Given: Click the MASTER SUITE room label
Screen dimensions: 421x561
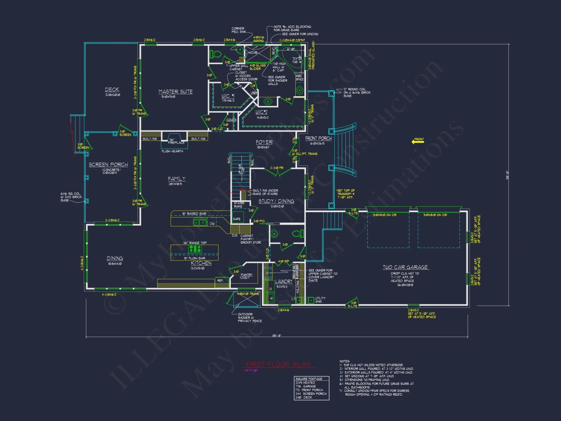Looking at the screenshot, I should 176,92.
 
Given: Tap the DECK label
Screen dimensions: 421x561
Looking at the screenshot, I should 112,90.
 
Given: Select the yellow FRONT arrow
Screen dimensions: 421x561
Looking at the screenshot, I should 418,141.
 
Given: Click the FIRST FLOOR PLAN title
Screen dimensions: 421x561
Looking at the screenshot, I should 278,365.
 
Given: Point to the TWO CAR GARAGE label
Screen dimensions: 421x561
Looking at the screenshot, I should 405,267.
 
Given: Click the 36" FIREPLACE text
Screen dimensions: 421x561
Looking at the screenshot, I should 176,141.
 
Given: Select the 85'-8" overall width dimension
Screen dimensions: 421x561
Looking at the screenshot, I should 277,336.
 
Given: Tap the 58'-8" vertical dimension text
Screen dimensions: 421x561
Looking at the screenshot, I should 507,175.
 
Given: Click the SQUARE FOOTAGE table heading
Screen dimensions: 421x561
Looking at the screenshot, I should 309,379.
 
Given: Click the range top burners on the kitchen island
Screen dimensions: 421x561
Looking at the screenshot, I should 195,249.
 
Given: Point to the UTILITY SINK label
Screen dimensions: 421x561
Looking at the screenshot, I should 320,300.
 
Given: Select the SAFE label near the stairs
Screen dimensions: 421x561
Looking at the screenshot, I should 237,219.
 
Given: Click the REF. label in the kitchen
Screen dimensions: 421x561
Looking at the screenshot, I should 220,280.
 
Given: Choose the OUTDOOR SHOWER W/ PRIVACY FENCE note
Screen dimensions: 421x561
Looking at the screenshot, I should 249,317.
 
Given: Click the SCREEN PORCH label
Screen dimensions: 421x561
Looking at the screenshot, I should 108,165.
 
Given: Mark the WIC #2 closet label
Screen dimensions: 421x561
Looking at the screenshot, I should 261,112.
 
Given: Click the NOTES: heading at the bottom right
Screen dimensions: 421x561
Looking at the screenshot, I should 344,361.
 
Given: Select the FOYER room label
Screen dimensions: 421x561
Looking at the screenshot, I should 264,142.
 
